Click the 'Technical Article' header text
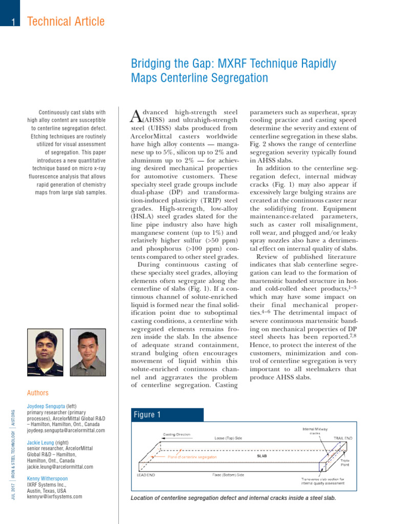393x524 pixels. pos(65,21)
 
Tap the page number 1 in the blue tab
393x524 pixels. pos(12,21)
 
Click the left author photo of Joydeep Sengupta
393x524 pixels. pos(45,353)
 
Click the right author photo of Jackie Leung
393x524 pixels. pos(88,353)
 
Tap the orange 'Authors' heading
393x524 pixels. pos(38,393)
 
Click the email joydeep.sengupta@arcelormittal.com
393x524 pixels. pos(65,431)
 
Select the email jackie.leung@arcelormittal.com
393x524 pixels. pos(60,467)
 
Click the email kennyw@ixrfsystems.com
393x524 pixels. pos(54,496)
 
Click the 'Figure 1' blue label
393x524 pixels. pos(147,414)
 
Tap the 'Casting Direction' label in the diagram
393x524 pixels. pos(177,434)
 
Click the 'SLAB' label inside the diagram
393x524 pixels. pos(261,455)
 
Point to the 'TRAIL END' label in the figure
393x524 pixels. pos(342,439)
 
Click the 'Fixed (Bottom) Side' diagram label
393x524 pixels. pos(228,475)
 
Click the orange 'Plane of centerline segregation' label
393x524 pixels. pos(192,456)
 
